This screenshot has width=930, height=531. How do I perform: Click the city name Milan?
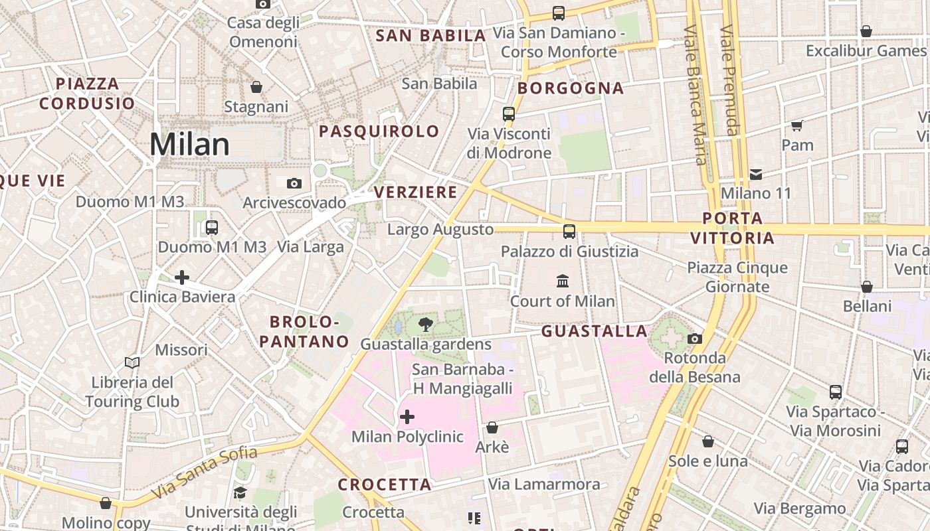[189, 145]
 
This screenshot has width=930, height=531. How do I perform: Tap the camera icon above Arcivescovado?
[294, 183]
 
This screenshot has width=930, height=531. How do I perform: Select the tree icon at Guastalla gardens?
[426, 325]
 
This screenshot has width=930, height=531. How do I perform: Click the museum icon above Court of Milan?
[563, 281]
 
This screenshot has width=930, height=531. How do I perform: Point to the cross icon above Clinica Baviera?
[182, 277]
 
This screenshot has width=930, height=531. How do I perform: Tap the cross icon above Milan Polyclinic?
[407, 417]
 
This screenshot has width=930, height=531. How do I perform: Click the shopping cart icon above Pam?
[797, 125]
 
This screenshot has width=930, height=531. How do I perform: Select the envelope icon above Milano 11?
[756, 175]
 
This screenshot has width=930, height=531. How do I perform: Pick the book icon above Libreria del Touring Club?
[132, 362]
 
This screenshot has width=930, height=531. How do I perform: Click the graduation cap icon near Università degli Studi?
[240, 493]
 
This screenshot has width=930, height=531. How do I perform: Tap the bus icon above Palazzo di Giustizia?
[569, 232]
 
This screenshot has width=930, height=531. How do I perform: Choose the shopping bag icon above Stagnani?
[256, 87]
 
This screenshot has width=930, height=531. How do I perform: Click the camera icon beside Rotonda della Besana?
[695, 339]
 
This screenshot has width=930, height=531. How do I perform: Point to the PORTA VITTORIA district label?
[732, 228]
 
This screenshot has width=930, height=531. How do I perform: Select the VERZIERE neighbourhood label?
[416, 192]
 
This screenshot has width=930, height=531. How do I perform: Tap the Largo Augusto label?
[440, 230]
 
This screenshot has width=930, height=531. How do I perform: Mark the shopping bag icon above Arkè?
[492, 427]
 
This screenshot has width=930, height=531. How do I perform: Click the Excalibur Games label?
[866, 51]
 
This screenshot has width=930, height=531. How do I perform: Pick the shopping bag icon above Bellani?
[867, 287]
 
